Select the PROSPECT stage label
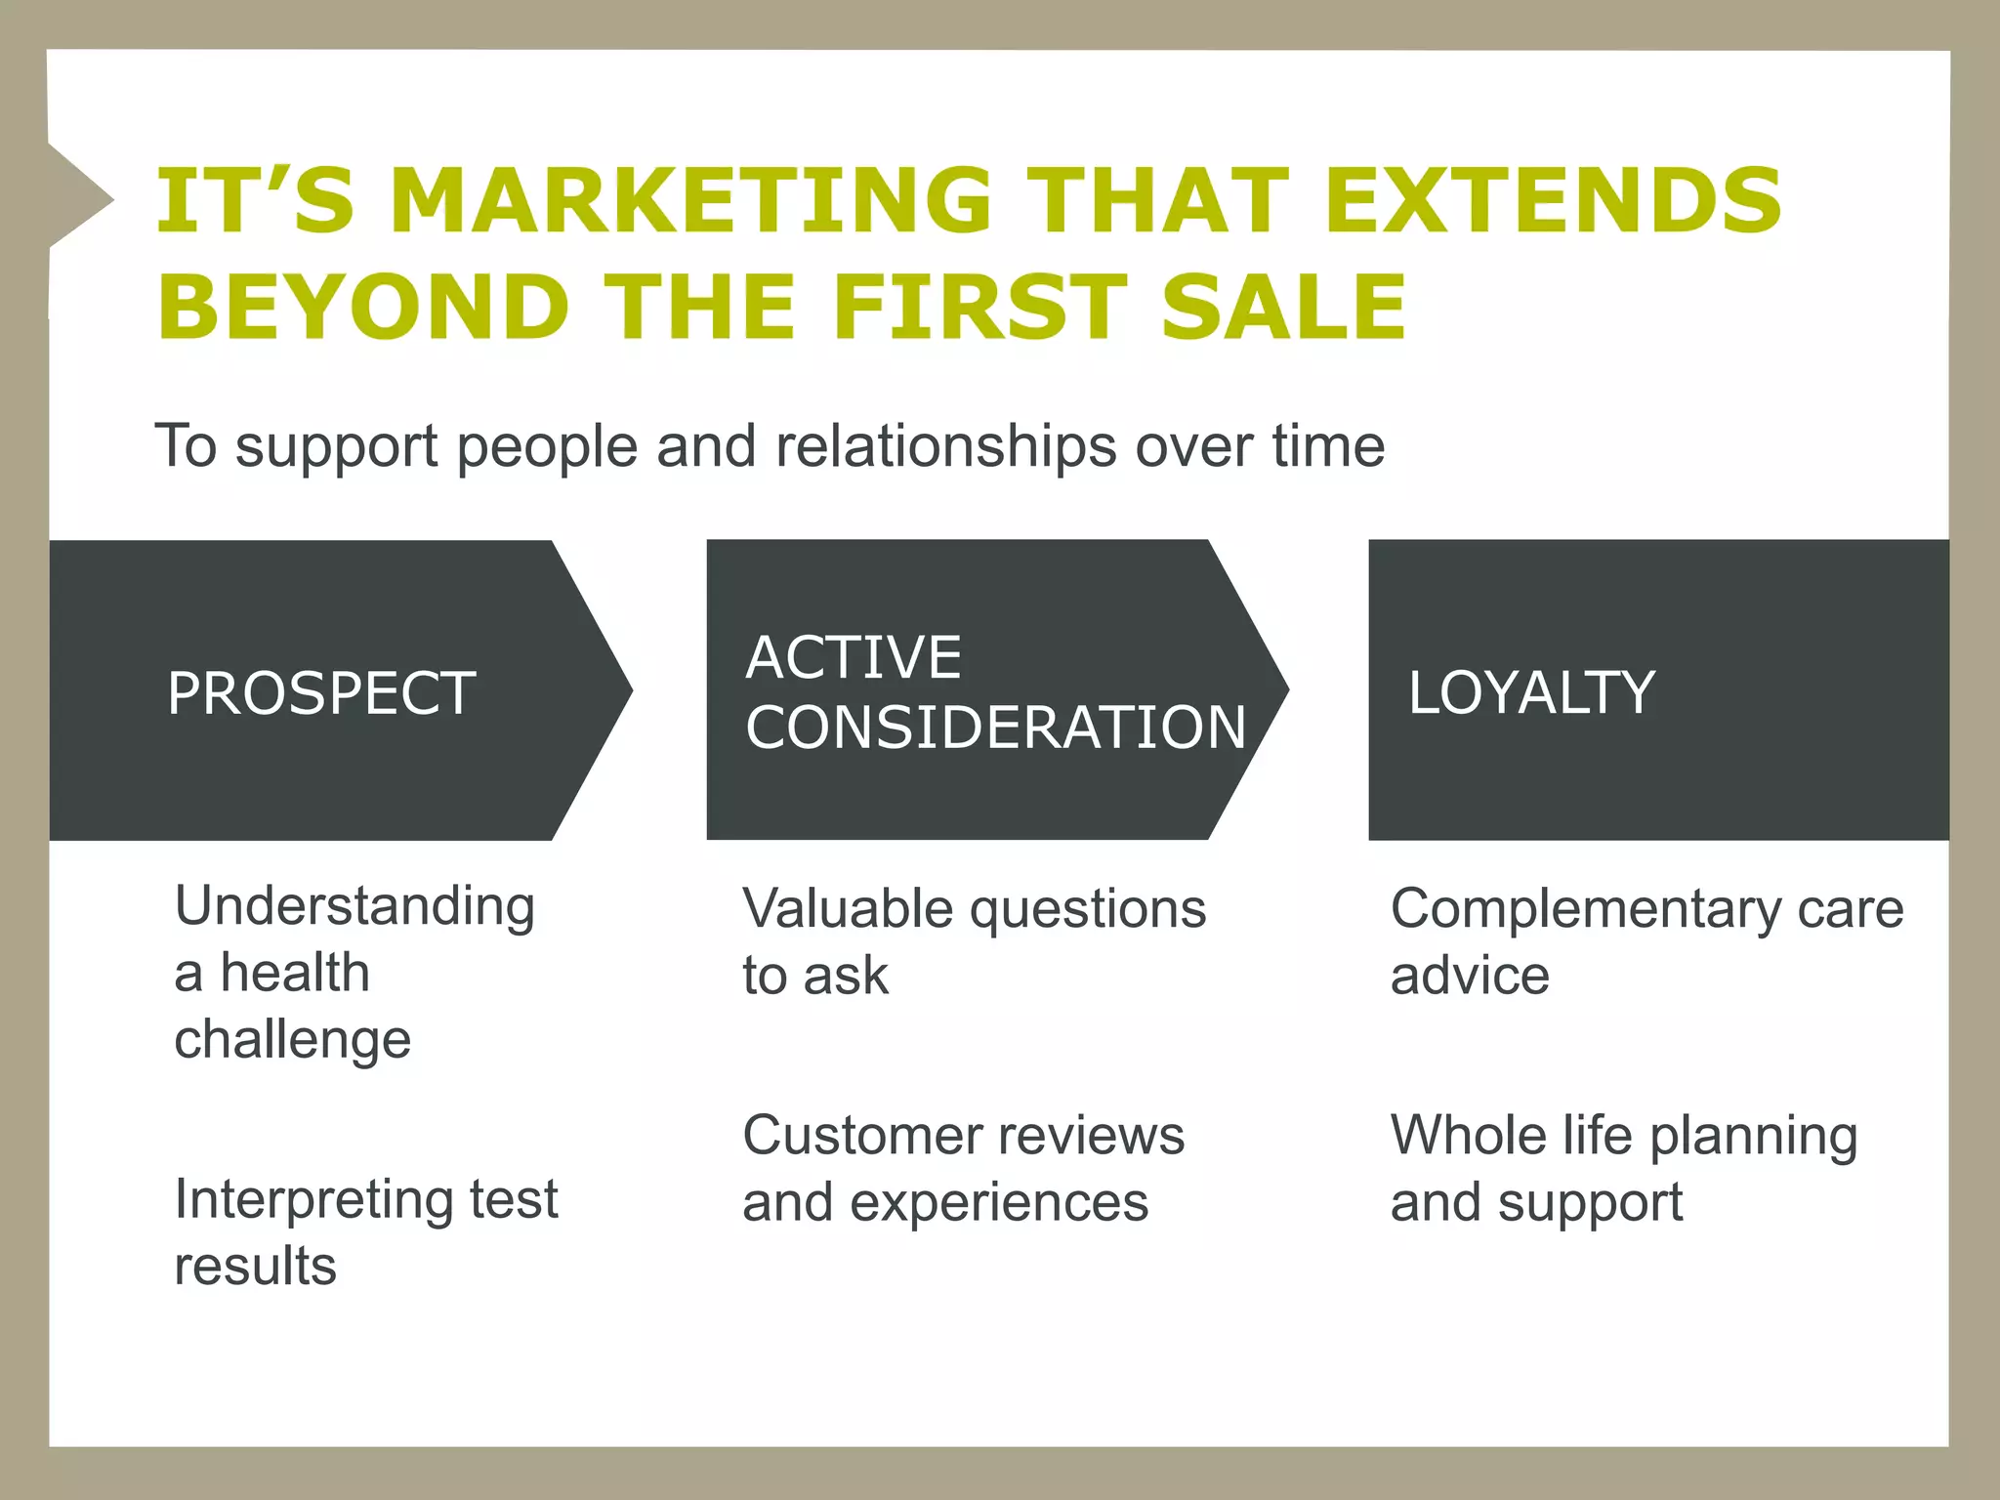click(x=321, y=693)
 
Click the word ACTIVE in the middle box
click(x=854, y=656)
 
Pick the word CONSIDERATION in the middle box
click(x=996, y=727)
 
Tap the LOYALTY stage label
click(x=1531, y=692)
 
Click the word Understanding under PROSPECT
click(x=354, y=907)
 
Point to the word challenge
click(x=292, y=1039)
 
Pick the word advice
click(x=1470, y=976)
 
